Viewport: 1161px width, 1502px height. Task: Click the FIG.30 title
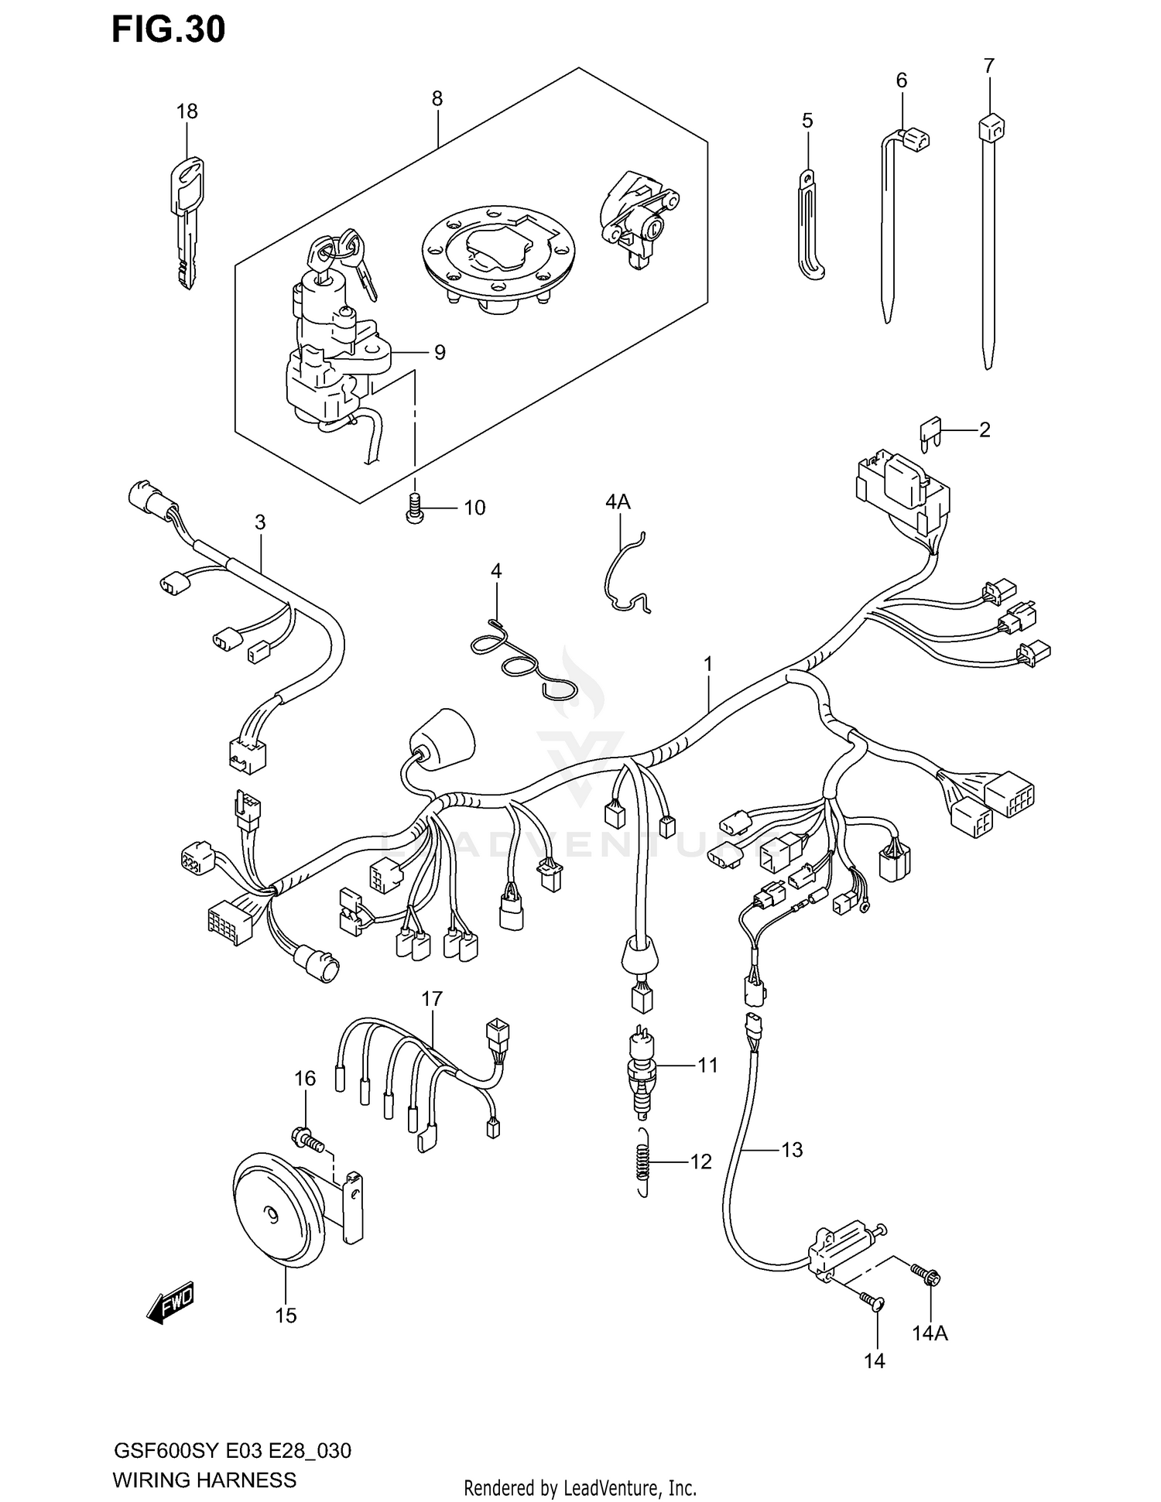coord(168,29)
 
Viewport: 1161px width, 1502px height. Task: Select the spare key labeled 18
coord(187,221)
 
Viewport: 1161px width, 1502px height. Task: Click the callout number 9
coord(440,353)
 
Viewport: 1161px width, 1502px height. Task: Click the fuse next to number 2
coord(930,433)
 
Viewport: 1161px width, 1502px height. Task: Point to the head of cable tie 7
coord(990,126)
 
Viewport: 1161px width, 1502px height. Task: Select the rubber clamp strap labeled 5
coord(810,228)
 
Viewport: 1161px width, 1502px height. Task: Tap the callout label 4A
coord(617,502)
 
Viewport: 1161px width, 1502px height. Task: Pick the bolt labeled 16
coord(307,1138)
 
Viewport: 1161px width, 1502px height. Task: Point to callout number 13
coord(792,1150)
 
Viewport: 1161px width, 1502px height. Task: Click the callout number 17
coord(431,999)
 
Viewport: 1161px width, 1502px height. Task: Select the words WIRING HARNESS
coord(204,1480)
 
